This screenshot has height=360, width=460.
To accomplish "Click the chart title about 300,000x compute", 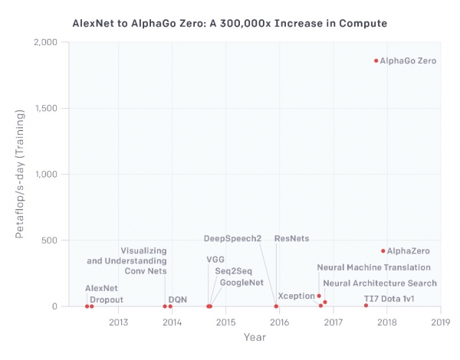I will [x=229, y=24].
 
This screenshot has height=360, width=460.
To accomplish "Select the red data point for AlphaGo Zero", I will [x=376, y=61].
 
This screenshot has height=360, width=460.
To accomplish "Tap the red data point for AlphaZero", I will [x=383, y=250].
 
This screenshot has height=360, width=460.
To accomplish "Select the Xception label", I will [x=296, y=296].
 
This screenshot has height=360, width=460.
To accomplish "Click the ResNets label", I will [x=291, y=239].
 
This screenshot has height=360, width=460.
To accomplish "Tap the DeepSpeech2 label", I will [x=232, y=239].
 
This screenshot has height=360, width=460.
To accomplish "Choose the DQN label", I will [x=177, y=299].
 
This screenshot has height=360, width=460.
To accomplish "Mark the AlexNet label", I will [x=101, y=288].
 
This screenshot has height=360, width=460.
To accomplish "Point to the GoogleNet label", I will [x=242, y=283].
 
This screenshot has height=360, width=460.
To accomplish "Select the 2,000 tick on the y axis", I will [x=48, y=42].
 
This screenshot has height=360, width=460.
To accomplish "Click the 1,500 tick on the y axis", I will [x=48, y=108].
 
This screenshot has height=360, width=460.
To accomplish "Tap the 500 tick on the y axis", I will [x=51, y=241].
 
